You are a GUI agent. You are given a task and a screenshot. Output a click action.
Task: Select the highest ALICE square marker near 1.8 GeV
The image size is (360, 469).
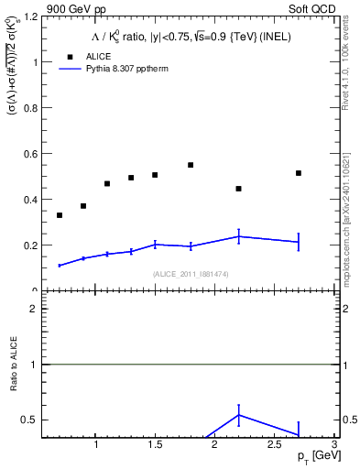(191, 165)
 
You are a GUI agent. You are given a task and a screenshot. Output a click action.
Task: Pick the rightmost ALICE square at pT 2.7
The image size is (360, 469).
(299, 173)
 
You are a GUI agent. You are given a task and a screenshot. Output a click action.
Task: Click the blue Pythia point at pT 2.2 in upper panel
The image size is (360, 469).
(238, 236)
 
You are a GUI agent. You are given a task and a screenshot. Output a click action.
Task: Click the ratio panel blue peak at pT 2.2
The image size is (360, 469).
(238, 415)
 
